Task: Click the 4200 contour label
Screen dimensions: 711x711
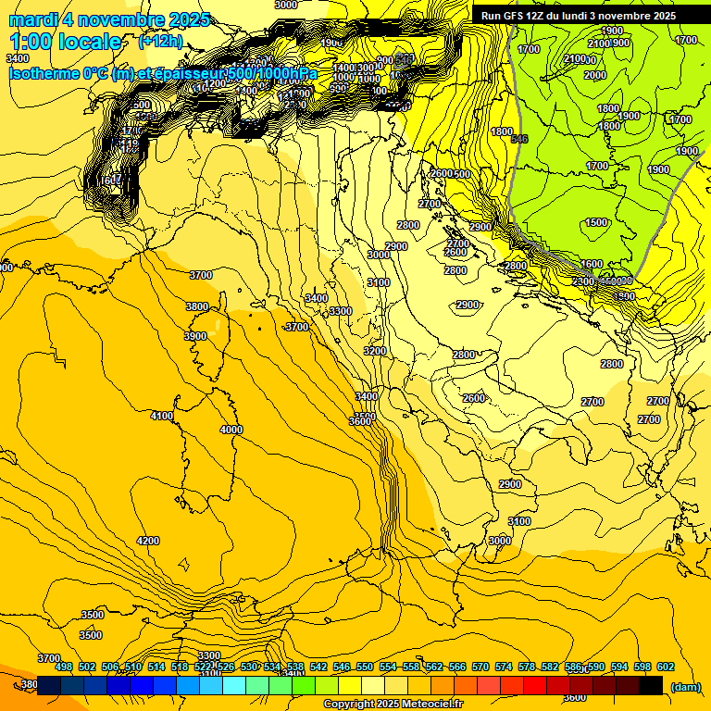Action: [x=148, y=541]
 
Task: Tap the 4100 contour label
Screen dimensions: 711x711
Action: [x=162, y=417]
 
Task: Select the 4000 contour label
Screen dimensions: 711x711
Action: [x=231, y=430]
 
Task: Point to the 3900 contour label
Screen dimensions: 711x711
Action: [x=195, y=336]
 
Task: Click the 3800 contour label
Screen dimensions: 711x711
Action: [x=197, y=306]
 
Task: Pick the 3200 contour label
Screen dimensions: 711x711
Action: [x=374, y=351]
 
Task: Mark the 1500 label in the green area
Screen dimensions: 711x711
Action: [x=597, y=222]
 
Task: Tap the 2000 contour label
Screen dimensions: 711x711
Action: [x=595, y=75]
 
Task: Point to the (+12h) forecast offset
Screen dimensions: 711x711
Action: [x=160, y=42]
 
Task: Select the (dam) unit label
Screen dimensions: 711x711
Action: [x=686, y=687]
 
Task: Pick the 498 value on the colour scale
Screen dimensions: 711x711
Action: [x=64, y=667]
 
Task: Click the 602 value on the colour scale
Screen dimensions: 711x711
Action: [x=666, y=667]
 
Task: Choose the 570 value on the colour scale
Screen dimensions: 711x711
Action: [x=480, y=667]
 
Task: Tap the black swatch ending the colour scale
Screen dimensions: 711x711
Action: [x=651, y=686]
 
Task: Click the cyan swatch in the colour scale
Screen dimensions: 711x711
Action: [x=234, y=686]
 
